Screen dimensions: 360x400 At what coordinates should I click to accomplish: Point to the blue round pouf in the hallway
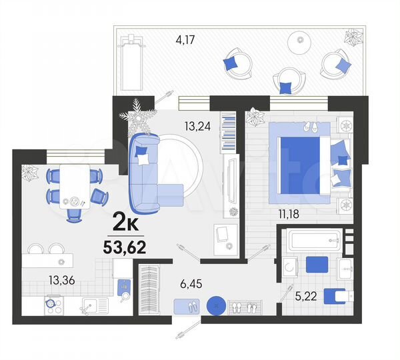216,306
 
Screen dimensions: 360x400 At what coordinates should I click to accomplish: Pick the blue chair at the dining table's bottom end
74,213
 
